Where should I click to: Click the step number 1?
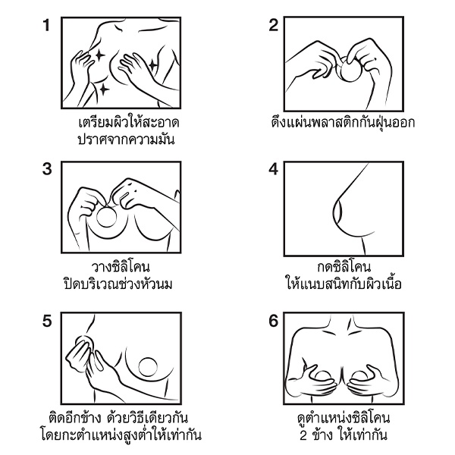pos(46,25)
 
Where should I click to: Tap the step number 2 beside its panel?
pos(274,25)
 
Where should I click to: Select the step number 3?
pos(47,169)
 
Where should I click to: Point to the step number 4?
pos(273,169)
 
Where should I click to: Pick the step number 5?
pos(47,321)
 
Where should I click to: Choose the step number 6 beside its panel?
pos(274,321)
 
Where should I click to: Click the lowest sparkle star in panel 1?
pos(104,89)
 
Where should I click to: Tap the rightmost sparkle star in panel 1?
pos(152,64)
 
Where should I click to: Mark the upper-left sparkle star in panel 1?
pos(100,55)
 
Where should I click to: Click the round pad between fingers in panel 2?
pos(351,70)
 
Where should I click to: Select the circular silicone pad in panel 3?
pos(106,218)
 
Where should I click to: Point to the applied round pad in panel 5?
pos(148,367)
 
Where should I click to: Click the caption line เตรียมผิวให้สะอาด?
pos(129,123)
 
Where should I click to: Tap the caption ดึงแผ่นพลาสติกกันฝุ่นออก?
pos(343,122)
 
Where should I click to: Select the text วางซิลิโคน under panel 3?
pos(121,267)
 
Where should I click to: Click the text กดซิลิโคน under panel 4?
pos(344,267)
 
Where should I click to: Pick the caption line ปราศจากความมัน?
pos(127,140)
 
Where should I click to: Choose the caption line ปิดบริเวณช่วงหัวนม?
pos(118,284)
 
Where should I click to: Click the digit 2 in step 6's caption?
pos(303,435)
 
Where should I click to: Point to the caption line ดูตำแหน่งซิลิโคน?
pos(344,418)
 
